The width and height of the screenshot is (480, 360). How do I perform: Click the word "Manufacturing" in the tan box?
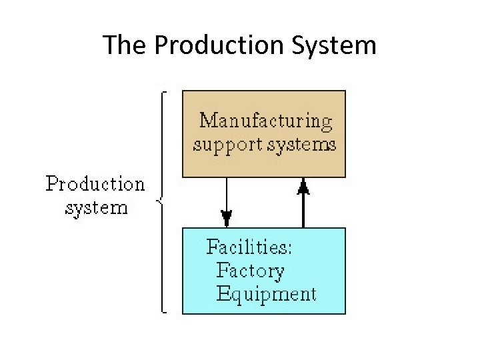pyautogui.click(x=266, y=122)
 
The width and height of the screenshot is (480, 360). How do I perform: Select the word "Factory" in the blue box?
pyautogui.click(x=250, y=271)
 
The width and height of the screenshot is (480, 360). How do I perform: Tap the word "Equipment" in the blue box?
pyautogui.click(x=266, y=294)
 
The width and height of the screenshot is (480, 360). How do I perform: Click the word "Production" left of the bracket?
pyautogui.click(x=95, y=184)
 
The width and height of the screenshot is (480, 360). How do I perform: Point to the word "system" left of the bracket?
pyautogui.click(x=96, y=207)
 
